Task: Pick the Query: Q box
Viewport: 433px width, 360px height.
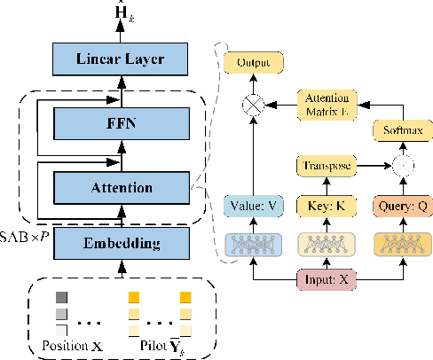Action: [396, 206]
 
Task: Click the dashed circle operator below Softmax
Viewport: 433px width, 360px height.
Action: [396, 167]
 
